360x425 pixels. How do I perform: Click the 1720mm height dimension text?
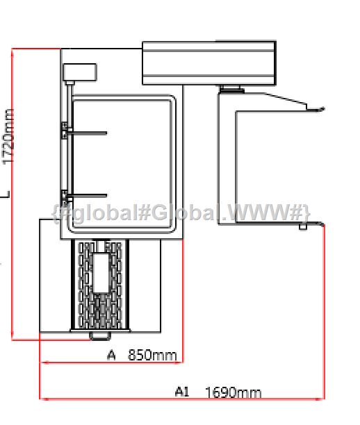click(8, 136)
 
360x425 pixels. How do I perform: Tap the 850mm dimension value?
click(152, 355)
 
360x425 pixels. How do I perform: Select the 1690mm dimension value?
click(234, 392)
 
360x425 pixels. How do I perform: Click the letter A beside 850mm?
click(111, 355)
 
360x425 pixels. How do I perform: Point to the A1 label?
click(182, 392)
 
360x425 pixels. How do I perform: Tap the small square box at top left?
click(80, 72)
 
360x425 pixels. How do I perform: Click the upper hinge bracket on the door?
click(65, 131)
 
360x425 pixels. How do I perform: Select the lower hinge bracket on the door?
click(65, 197)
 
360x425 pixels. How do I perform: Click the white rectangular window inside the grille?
click(101, 273)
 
